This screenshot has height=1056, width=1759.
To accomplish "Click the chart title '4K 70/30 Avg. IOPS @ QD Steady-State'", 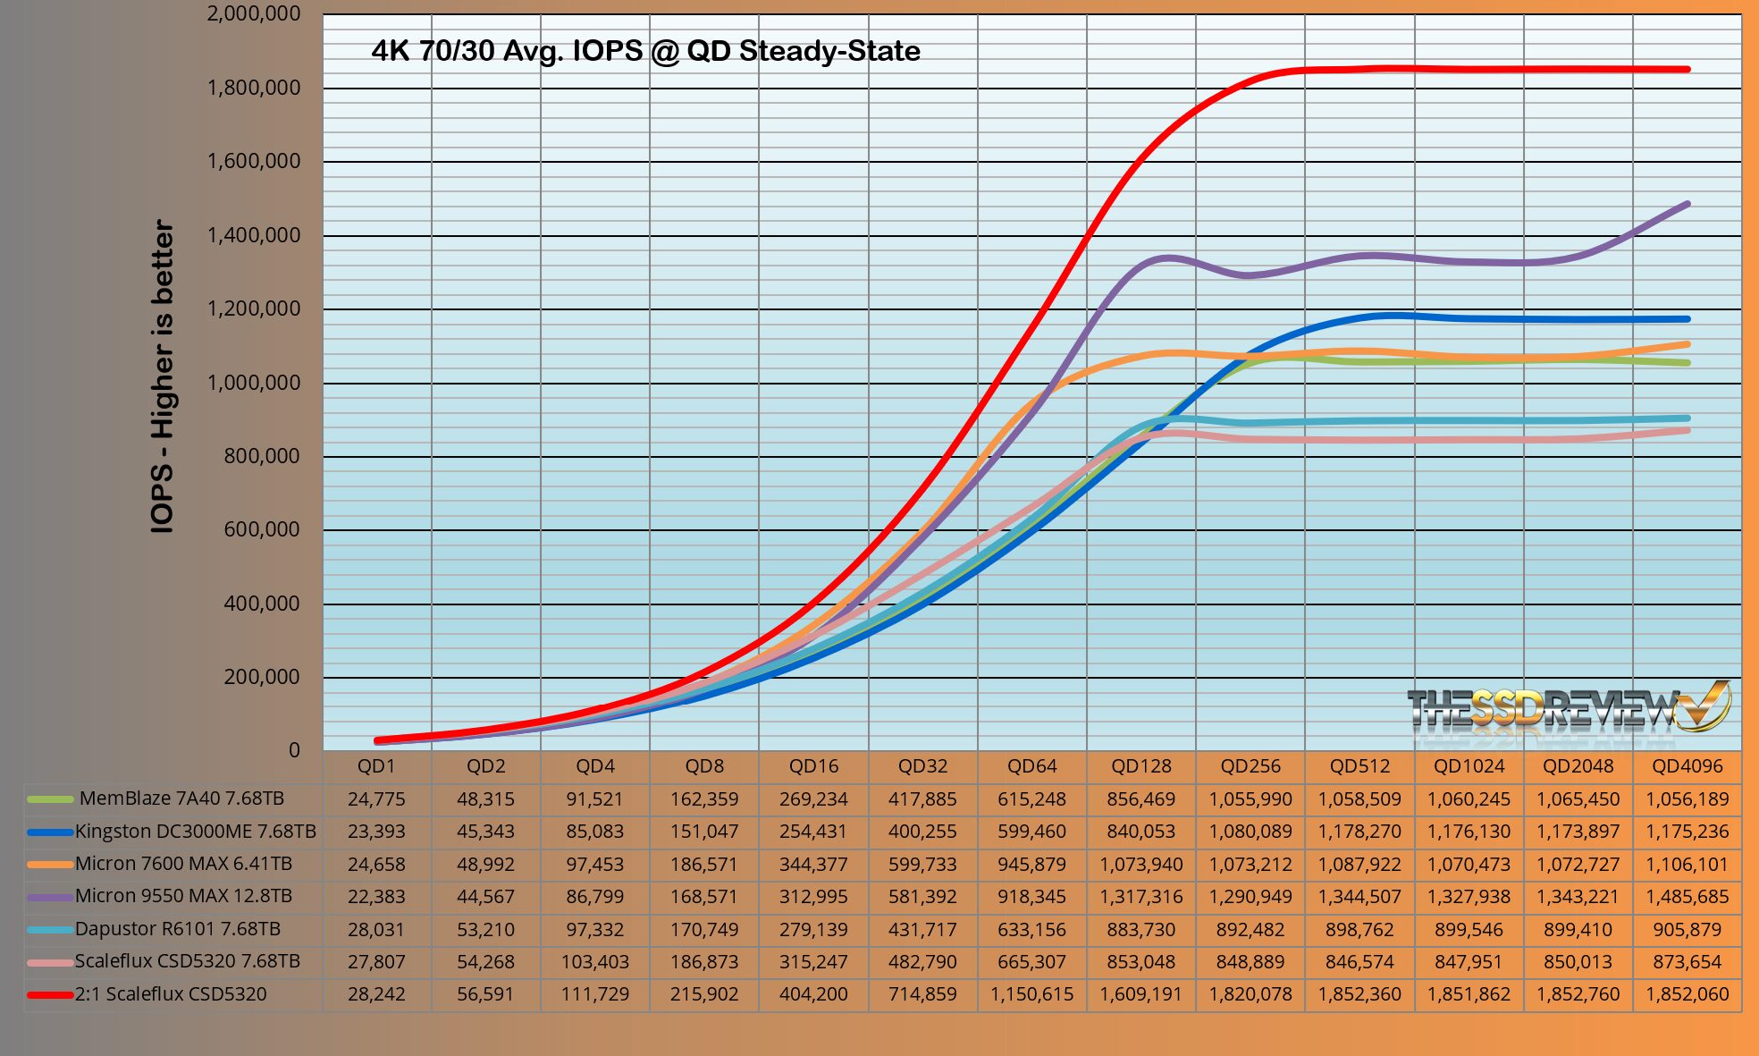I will pyautogui.click(x=645, y=51).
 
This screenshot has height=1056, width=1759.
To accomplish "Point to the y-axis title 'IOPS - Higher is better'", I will pyautogui.click(x=163, y=376).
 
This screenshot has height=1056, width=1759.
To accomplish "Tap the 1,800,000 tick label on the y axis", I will pyautogui.click(x=254, y=88).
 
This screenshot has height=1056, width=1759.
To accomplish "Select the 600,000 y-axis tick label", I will pyautogui.click(x=261, y=529).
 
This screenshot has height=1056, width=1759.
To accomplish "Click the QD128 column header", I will pyautogui.click(x=1141, y=766).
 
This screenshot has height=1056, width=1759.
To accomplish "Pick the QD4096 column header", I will pyautogui.click(x=1687, y=766).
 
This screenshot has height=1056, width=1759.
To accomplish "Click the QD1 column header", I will pyautogui.click(x=376, y=766).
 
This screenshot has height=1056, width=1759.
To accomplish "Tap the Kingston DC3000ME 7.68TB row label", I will pyautogui.click(x=195, y=832).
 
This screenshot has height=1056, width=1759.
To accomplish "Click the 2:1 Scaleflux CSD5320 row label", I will pyautogui.click(x=170, y=994).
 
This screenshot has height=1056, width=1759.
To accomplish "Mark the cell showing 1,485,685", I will pyautogui.click(x=1687, y=897).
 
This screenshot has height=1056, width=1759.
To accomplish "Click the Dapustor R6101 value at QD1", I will pyautogui.click(x=376, y=930).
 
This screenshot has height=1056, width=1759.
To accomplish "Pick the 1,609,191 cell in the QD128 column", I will pyautogui.click(x=1141, y=994).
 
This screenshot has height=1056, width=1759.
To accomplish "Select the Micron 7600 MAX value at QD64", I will pyautogui.click(x=1031, y=865).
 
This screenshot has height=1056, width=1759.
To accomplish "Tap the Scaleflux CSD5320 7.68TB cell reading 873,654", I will pyautogui.click(x=1687, y=962).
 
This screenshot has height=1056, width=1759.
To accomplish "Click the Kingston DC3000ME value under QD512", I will pyautogui.click(x=1359, y=832).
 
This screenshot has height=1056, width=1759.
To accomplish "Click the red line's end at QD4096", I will pyautogui.click(x=1687, y=69).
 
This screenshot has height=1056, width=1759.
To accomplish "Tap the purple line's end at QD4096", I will pyautogui.click(x=1687, y=205).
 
